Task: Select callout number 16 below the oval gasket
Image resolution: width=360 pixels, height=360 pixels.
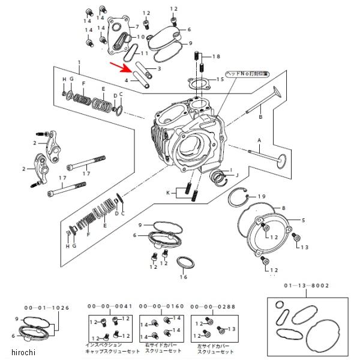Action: click(x=184, y=277)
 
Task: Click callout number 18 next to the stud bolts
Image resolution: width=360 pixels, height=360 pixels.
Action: click(x=216, y=56)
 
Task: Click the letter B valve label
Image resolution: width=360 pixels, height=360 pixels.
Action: click(x=260, y=118)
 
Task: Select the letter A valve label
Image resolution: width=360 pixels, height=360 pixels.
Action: click(x=259, y=140)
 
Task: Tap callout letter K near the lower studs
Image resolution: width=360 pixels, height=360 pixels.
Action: click(x=169, y=192)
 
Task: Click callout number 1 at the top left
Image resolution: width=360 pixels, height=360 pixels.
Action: click(x=79, y=63)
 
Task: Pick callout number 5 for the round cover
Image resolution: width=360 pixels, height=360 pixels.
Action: click(x=303, y=220)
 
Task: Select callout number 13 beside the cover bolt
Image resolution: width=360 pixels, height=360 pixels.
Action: click(x=304, y=247)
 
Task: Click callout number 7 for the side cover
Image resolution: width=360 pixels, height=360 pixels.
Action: click(x=137, y=27)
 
